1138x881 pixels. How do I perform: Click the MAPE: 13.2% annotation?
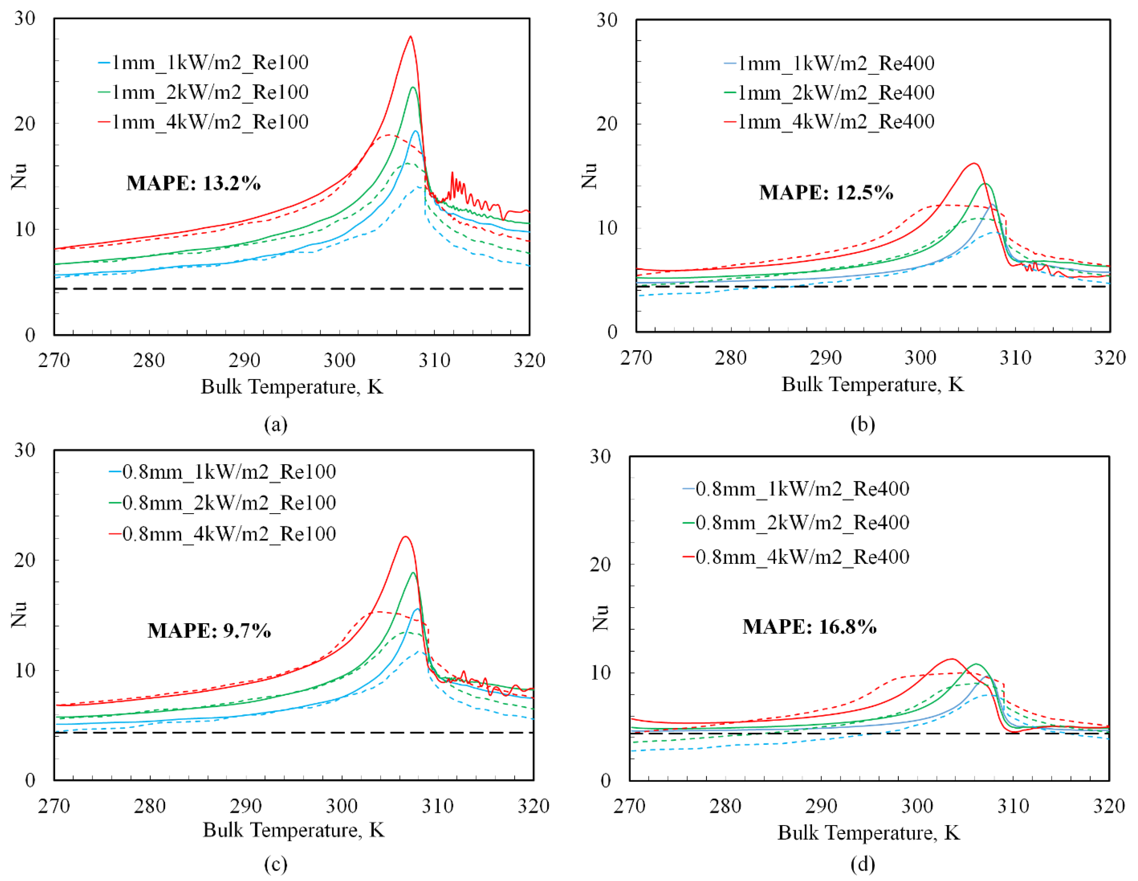point(193,183)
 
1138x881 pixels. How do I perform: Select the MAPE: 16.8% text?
point(809,626)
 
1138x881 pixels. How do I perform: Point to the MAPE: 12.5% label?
point(826,192)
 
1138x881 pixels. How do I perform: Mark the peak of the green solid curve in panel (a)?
point(413,87)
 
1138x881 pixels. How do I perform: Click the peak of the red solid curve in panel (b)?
point(973,164)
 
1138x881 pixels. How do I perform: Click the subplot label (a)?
point(276,425)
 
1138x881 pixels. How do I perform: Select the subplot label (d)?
point(862,864)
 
